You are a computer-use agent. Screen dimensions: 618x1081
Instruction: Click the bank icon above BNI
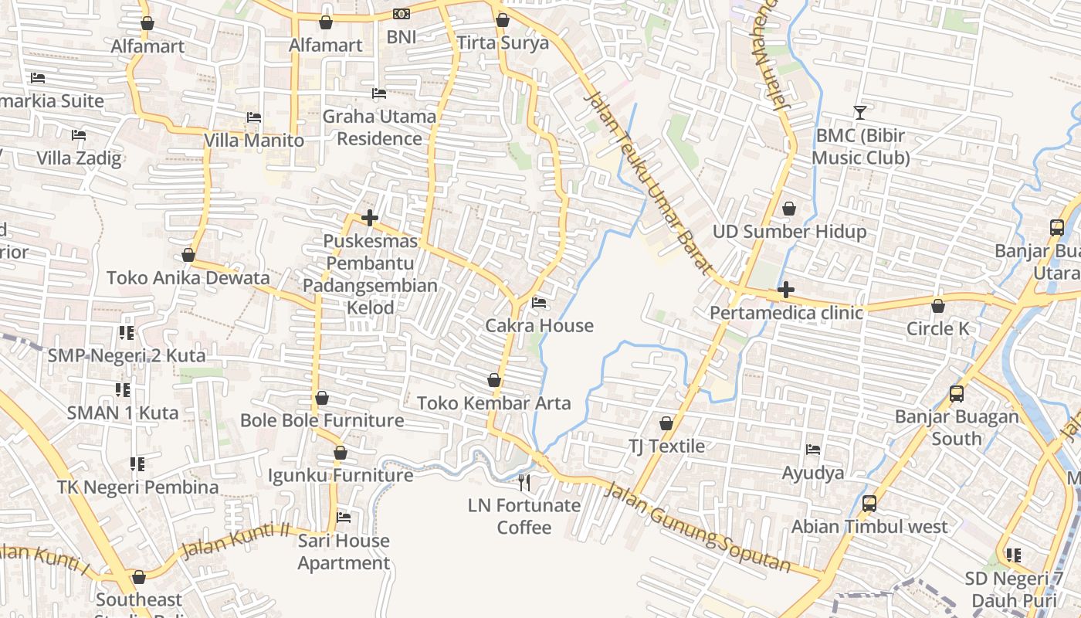tap(401, 14)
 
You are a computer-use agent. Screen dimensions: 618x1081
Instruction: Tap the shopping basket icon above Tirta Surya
tap(503, 20)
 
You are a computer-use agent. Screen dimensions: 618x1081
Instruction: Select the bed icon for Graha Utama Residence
tap(379, 93)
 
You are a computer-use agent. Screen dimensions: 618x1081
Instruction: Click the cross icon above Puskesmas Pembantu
tap(370, 218)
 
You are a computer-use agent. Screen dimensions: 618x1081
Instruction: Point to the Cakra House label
tap(539, 325)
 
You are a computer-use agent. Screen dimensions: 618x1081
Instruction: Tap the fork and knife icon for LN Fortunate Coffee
tap(524, 483)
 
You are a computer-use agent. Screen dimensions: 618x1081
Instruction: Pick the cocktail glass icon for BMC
tap(859, 113)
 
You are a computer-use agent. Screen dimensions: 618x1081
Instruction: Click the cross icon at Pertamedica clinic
tap(786, 290)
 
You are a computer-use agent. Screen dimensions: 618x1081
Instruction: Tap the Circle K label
tap(937, 328)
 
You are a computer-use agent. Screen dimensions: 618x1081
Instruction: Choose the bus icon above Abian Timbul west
tap(869, 504)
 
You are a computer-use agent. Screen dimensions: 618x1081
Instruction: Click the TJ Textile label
tap(666, 446)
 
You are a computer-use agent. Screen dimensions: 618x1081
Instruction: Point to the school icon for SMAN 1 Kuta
tap(122, 389)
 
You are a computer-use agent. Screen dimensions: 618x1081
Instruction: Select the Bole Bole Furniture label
tap(322, 420)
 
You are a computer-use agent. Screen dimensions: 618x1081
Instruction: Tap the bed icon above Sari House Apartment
tap(344, 517)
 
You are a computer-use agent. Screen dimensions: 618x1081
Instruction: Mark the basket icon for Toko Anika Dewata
tap(188, 255)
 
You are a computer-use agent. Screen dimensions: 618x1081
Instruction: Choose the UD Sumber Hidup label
tap(789, 231)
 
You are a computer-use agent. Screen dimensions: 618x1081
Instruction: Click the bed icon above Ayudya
tap(813, 449)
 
